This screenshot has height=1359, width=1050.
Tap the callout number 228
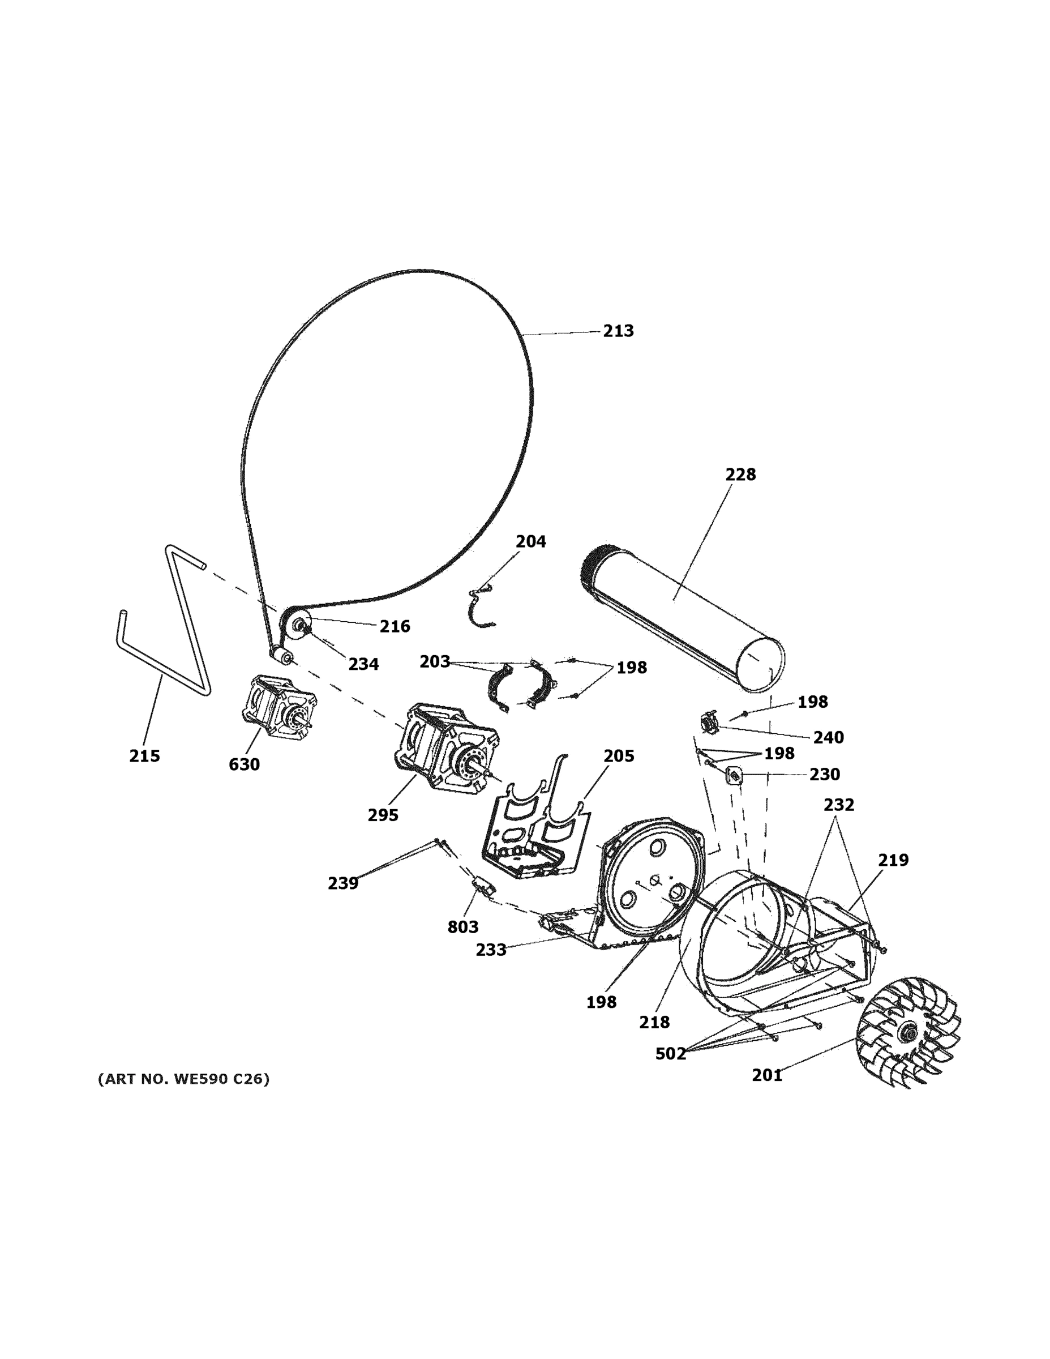[x=740, y=475]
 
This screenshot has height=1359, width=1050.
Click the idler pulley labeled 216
[x=297, y=625]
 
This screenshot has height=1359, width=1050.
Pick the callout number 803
[x=463, y=926]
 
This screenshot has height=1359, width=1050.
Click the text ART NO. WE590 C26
[x=183, y=1079]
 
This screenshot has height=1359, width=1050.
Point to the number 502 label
[x=670, y=1053]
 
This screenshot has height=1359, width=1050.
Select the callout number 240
[x=828, y=737]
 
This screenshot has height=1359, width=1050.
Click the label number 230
[x=824, y=774]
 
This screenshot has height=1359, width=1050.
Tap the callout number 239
[x=343, y=883]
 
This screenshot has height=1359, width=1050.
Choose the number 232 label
[x=838, y=805]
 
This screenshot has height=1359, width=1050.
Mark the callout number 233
[x=491, y=950]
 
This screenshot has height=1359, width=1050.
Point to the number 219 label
[x=893, y=860]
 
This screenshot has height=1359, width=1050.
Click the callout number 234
[x=363, y=664]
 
